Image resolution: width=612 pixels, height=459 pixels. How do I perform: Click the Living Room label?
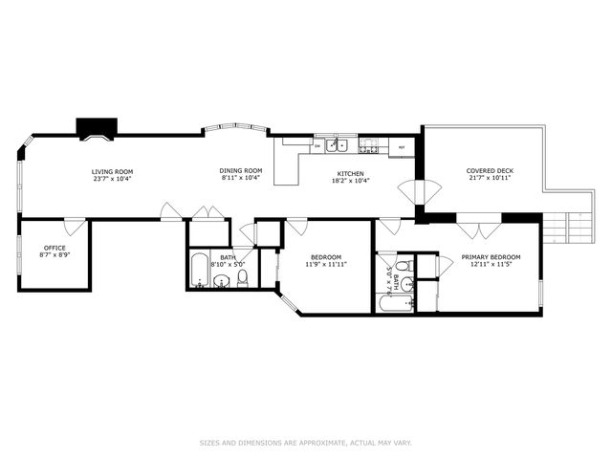111,171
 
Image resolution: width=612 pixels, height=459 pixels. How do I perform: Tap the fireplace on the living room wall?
97,129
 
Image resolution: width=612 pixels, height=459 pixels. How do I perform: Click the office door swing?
74,228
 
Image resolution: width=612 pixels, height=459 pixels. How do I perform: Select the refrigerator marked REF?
402,147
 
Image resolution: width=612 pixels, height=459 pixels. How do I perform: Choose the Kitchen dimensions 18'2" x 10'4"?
351,180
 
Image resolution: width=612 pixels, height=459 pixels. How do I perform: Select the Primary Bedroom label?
491,257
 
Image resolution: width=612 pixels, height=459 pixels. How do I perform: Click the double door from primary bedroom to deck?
478,230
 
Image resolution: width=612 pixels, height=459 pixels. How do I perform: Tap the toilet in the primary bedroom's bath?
403,266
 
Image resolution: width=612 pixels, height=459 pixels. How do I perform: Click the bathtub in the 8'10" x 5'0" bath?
199,273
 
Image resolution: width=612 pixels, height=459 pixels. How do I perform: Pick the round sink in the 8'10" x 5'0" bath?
221,281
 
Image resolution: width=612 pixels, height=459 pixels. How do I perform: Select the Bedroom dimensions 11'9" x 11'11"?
325,264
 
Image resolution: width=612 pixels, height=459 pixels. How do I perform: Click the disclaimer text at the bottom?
305,443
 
